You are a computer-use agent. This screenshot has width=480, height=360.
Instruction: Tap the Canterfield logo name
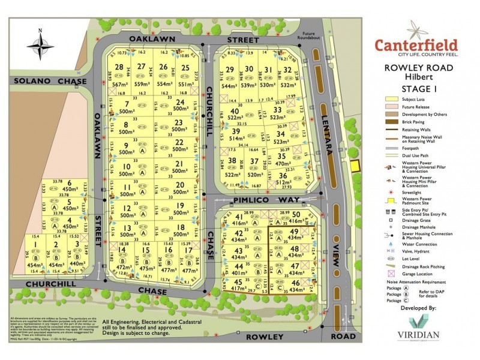416,44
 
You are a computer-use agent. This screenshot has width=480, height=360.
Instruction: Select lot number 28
120,67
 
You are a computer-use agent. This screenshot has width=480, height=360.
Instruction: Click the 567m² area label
120,85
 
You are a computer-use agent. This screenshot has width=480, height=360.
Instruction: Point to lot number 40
235,112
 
